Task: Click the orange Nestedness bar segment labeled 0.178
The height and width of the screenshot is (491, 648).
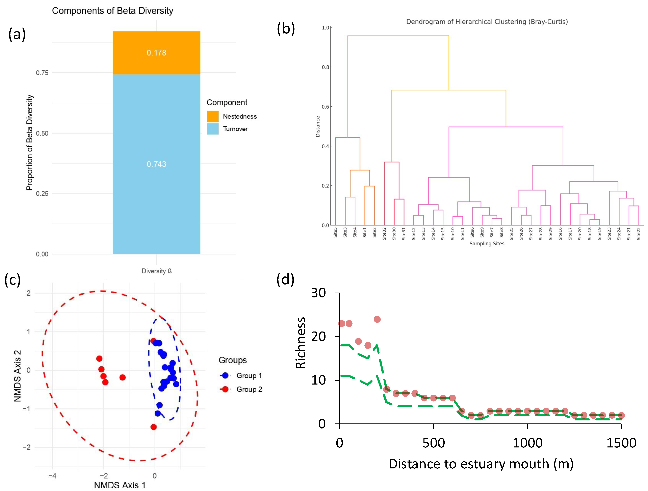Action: (x=156, y=53)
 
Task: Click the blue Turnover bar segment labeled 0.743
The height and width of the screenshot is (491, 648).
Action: (x=156, y=164)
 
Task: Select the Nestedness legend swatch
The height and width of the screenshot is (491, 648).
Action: (x=213, y=116)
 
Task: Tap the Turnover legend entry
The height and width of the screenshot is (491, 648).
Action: (x=235, y=129)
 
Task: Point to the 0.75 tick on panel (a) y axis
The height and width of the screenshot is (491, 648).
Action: (x=42, y=73)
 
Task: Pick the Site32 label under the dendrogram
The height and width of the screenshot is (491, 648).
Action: (x=384, y=234)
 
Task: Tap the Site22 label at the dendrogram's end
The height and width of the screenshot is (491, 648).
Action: (x=639, y=234)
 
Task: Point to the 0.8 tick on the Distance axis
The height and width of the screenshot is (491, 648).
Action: (x=326, y=67)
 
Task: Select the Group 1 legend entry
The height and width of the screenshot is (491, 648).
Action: (x=249, y=375)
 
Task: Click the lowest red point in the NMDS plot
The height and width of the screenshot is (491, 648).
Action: (x=154, y=427)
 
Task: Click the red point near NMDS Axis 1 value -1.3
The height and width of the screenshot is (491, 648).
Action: (x=123, y=377)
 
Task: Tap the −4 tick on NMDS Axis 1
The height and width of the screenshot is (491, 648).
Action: (x=52, y=475)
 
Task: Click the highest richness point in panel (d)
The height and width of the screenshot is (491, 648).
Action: (x=377, y=319)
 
